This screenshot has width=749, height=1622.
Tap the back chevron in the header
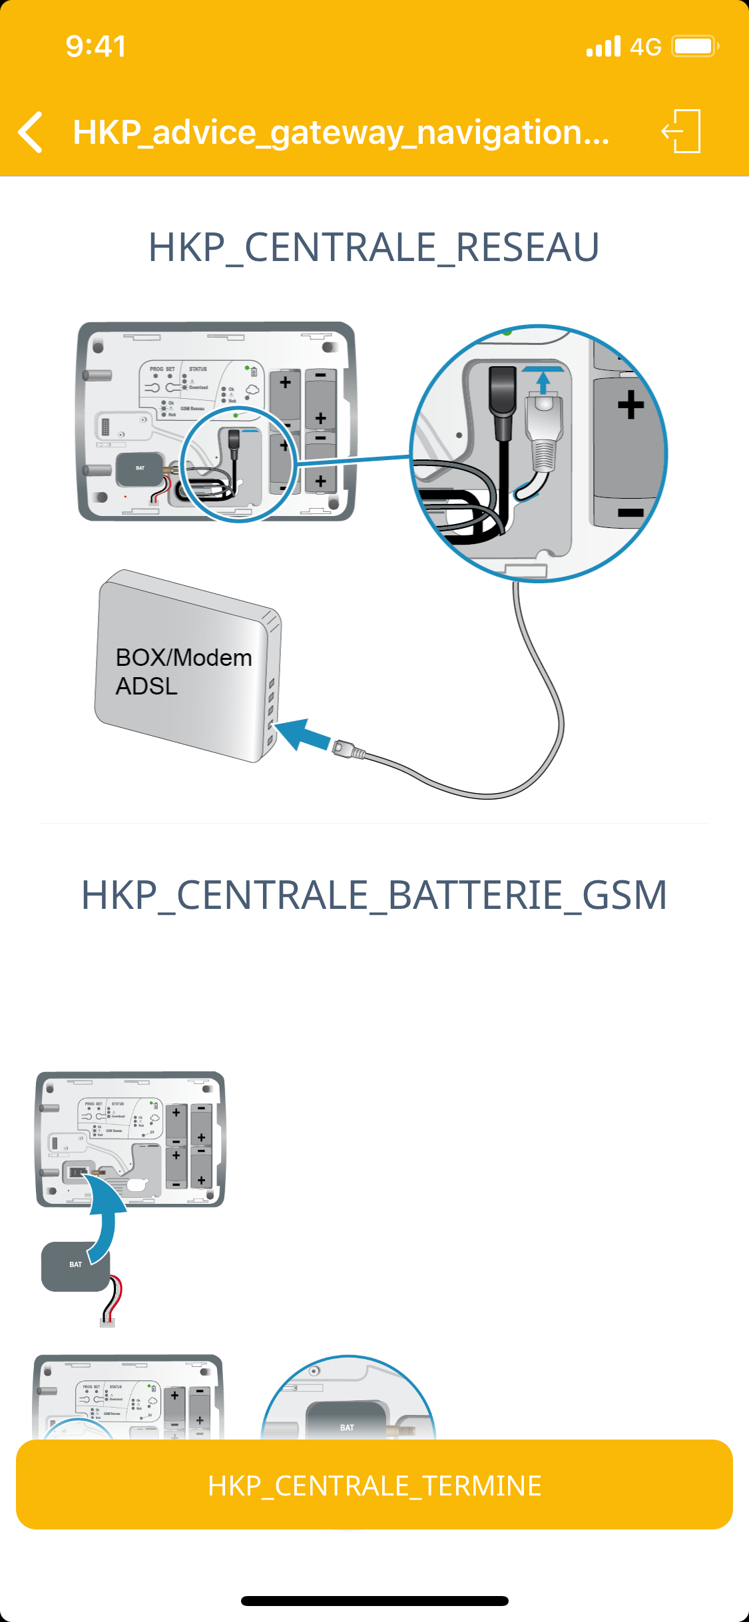pyautogui.click(x=31, y=132)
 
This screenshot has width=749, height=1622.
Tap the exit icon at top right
pyautogui.click(x=682, y=131)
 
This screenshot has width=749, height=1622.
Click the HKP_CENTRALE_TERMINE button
pyautogui.click(x=374, y=1485)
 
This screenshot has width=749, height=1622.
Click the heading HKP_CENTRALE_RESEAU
pyautogui.click(x=374, y=247)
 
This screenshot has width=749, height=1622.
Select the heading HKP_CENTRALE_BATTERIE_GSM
pyautogui.click(x=374, y=894)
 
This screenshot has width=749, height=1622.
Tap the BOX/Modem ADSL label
pyautogui.click(x=183, y=671)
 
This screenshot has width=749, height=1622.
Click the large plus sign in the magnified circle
pyautogui.click(x=630, y=405)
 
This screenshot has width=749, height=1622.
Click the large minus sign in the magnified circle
pyautogui.click(x=630, y=512)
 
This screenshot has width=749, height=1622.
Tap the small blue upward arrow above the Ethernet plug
pyautogui.click(x=543, y=381)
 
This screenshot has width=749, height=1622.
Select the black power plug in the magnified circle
pyautogui.click(x=503, y=403)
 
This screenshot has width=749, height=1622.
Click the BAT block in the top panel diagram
pyautogui.click(x=140, y=469)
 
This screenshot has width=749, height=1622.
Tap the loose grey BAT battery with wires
pyautogui.click(x=75, y=1266)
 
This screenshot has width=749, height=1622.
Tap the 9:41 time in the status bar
pyautogui.click(x=96, y=47)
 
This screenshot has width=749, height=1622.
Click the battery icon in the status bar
pyautogui.click(x=694, y=47)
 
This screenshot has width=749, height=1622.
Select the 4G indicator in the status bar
pyautogui.click(x=645, y=47)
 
